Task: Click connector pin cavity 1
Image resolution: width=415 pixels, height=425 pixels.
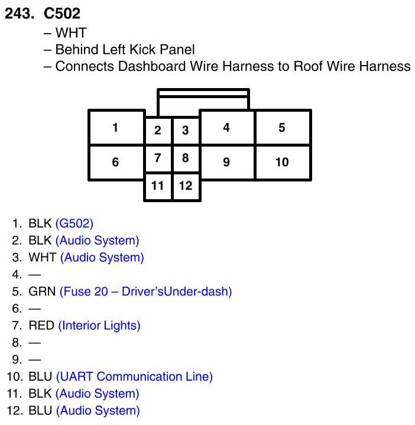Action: point(116,127)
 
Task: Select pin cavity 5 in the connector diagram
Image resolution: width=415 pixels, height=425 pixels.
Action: point(283,127)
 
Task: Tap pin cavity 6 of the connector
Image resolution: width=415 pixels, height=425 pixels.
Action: point(116,161)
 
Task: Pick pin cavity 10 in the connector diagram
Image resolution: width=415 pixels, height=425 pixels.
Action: point(283,161)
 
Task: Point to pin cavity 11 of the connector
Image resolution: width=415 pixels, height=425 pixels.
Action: point(158,186)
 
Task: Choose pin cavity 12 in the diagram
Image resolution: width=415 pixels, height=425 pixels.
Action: point(186,186)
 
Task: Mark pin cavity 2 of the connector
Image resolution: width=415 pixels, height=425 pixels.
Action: point(158,131)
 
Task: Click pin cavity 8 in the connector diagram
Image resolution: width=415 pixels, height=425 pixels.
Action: point(186,158)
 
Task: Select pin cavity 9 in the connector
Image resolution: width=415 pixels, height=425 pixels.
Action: point(227,161)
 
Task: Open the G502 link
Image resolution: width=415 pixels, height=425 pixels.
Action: point(74,223)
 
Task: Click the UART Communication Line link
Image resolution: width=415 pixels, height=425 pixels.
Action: point(134,377)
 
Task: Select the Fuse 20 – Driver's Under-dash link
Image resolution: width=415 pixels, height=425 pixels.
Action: point(145,291)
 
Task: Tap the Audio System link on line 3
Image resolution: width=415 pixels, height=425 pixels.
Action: point(102,257)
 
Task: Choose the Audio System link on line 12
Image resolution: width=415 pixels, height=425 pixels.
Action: point(98,410)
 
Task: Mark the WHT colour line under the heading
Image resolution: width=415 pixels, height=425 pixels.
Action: point(70,33)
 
